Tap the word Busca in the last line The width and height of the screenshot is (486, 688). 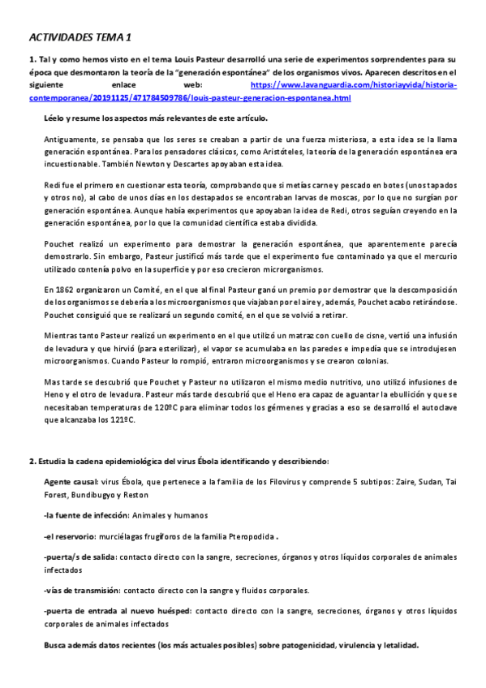click(x=58, y=645)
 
